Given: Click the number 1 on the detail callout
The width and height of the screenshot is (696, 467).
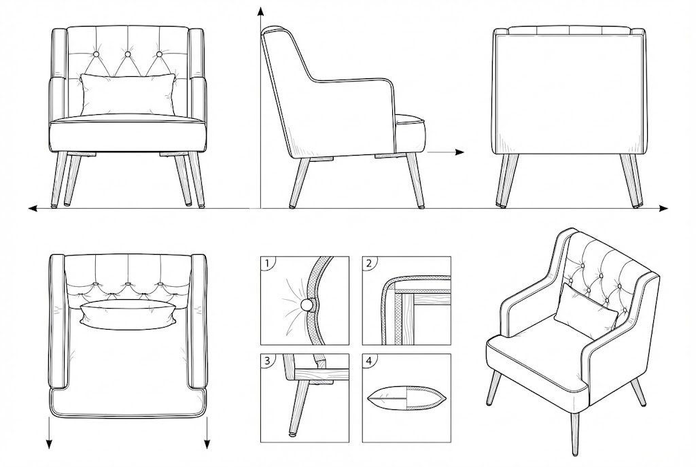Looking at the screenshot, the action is coord(266,264).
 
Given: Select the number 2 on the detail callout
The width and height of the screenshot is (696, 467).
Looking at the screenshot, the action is coord(369,264).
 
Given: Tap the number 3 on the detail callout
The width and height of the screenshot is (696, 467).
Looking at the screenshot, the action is coord(266,361).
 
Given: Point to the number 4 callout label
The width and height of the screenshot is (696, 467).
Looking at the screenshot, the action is coord(369,361).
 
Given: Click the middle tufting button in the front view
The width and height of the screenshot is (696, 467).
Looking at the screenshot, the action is coord(128,54).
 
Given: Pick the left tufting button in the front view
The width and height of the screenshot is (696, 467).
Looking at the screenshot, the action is coord(97,54).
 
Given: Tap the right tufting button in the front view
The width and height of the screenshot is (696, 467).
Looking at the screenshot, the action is coord(159,54).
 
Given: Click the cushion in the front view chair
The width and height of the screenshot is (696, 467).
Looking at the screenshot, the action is coord(128,94).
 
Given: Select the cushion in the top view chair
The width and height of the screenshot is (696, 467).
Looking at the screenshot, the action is coord(128,315).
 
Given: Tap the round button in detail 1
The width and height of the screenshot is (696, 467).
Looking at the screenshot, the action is coord(307,305).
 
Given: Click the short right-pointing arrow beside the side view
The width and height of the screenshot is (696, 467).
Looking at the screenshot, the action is coord(446,152).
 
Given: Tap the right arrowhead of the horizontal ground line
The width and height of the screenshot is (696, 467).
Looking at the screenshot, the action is coord(663,208).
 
